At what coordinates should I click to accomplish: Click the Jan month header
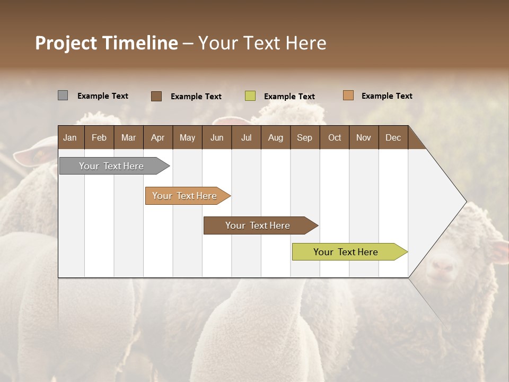pos(70,137)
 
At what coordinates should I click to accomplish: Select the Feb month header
pos(99,137)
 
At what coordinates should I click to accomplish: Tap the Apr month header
pos(157,137)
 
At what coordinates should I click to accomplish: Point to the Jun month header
pos(217,137)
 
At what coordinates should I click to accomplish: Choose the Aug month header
pos(275,137)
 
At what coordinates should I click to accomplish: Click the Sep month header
pos(304,137)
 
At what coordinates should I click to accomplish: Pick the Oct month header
pos(335,137)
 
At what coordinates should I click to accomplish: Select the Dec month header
pos(393,137)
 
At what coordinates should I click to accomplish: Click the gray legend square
pos(63,95)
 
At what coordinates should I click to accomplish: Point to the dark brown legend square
pos(156,96)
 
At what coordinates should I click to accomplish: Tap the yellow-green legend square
pos(250,96)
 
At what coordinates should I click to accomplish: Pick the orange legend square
pos(348,95)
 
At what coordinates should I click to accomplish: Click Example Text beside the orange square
pos(387,96)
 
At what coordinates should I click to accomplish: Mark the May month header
pos(187,137)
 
